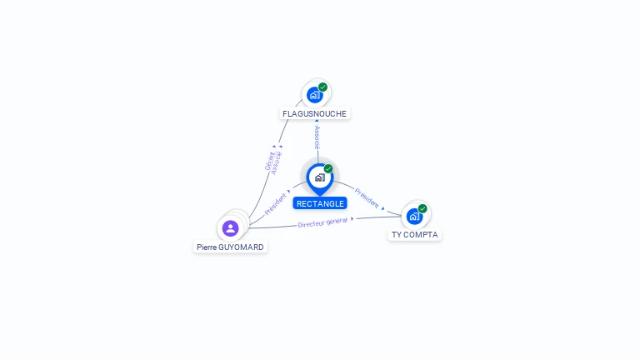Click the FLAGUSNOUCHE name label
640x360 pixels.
(x=314, y=113)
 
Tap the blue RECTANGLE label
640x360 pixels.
(x=320, y=203)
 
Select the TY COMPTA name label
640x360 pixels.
(x=414, y=234)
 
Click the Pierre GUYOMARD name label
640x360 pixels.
(x=230, y=247)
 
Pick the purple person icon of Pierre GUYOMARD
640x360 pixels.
(x=231, y=227)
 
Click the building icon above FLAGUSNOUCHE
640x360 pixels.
(x=314, y=94)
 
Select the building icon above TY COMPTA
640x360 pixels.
(x=414, y=216)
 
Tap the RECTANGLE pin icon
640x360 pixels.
(x=319, y=177)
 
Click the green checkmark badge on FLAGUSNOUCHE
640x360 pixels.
(x=322, y=87)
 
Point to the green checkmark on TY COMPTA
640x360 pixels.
(x=422, y=208)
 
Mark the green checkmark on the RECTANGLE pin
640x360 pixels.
(x=328, y=168)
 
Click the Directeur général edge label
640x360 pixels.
(x=322, y=222)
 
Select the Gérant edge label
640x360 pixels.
(x=269, y=161)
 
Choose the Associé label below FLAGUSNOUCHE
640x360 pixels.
(x=317, y=138)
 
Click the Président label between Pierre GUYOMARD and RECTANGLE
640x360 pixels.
(x=276, y=205)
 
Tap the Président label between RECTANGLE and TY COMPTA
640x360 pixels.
(x=367, y=197)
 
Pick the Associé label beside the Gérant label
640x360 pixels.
(x=277, y=162)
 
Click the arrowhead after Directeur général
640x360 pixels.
(x=352, y=218)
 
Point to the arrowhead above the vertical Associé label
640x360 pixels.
(x=317, y=121)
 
